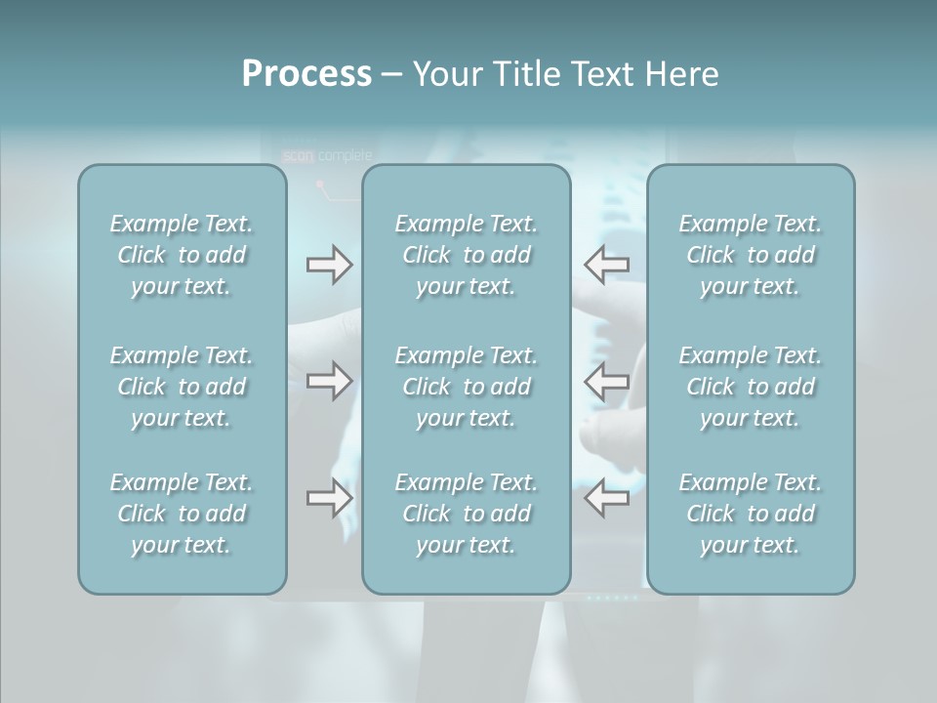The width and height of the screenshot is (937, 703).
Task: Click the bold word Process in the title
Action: [306, 74]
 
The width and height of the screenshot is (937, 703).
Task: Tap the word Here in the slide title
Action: [681, 74]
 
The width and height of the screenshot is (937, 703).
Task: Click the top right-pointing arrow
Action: [329, 265]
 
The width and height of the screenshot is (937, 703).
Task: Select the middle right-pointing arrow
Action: [329, 380]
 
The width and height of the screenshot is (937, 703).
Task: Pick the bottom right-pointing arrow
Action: [329, 498]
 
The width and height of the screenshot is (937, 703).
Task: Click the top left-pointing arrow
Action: [606, 265]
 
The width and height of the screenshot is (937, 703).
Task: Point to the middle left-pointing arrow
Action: [606, 380]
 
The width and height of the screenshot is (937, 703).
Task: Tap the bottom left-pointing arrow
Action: [606, 498]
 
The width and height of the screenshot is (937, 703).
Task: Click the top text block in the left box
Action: [182, 255]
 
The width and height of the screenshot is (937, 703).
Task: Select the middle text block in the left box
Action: [182, 387]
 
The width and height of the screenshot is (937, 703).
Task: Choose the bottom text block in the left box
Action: [182, 514]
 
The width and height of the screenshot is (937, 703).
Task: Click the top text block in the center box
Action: [467, 255]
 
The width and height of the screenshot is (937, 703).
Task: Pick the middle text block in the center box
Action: [467, 387]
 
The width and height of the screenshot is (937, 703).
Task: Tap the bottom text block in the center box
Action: [467, 514]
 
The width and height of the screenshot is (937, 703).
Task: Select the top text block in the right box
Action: [751, 255]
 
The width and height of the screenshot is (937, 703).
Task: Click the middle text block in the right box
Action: [751, 387]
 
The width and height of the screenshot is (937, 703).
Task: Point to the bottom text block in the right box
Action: [751, 514]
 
